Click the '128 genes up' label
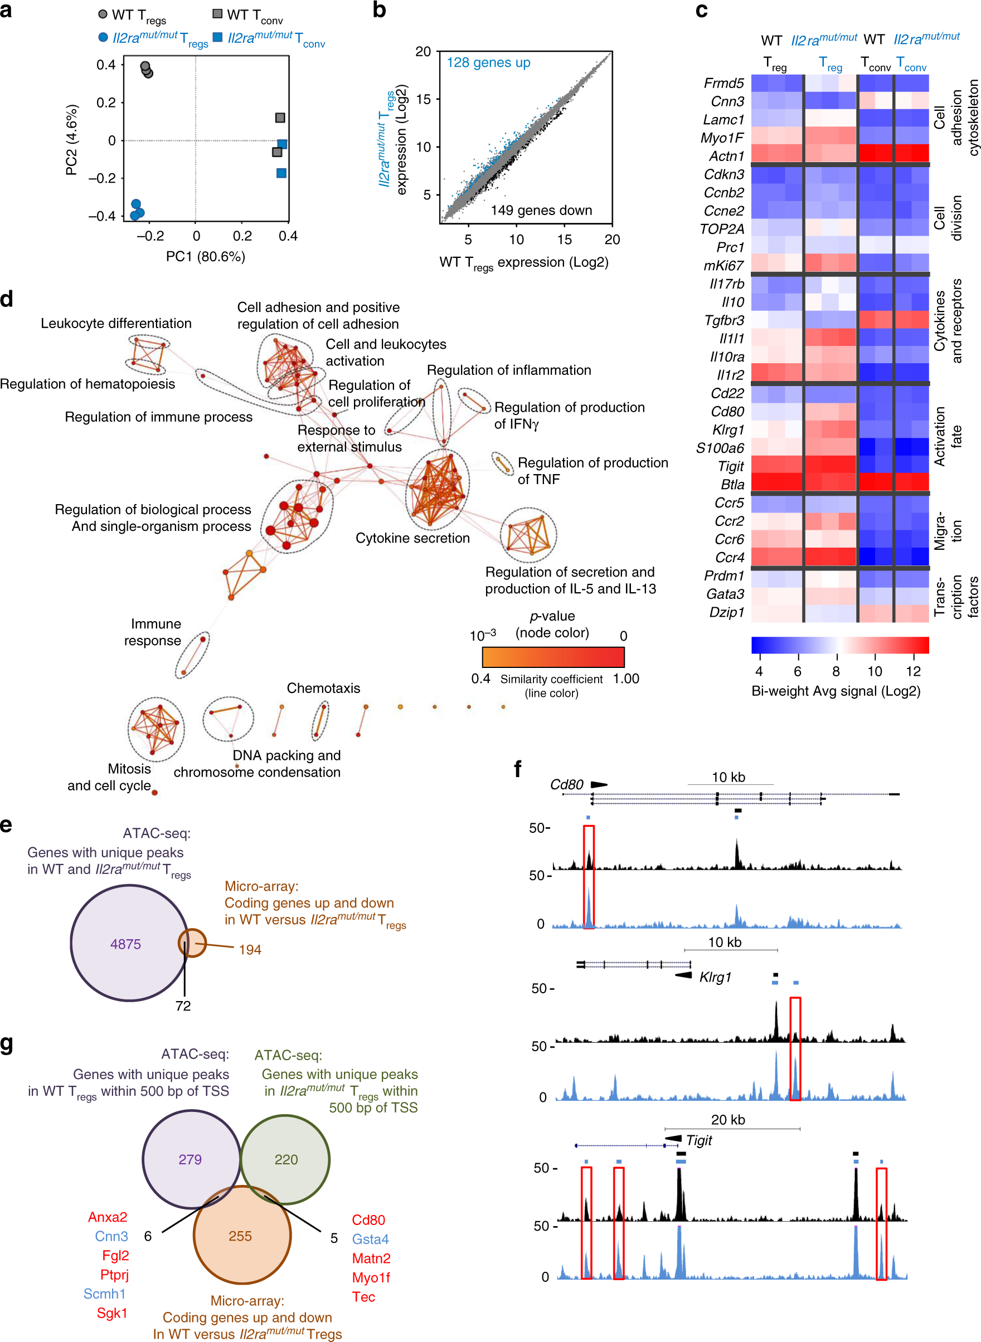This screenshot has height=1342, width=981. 488,62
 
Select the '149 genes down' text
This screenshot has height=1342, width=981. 541,210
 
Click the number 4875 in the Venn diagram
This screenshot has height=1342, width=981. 125,944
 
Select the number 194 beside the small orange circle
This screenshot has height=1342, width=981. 250,950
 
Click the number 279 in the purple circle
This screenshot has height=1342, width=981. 190,1159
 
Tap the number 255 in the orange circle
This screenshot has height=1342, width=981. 240,1236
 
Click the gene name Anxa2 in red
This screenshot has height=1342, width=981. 108,1217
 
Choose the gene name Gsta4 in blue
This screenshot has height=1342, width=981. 370,1239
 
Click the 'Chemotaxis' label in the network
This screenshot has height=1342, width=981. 323,688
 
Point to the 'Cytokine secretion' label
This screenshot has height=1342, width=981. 412,538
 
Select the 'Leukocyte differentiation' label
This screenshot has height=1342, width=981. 116,323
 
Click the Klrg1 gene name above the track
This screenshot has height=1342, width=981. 715,977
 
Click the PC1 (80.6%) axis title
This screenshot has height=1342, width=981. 206,256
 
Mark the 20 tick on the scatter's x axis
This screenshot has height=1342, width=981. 611,239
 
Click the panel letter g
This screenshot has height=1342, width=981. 7,1043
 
